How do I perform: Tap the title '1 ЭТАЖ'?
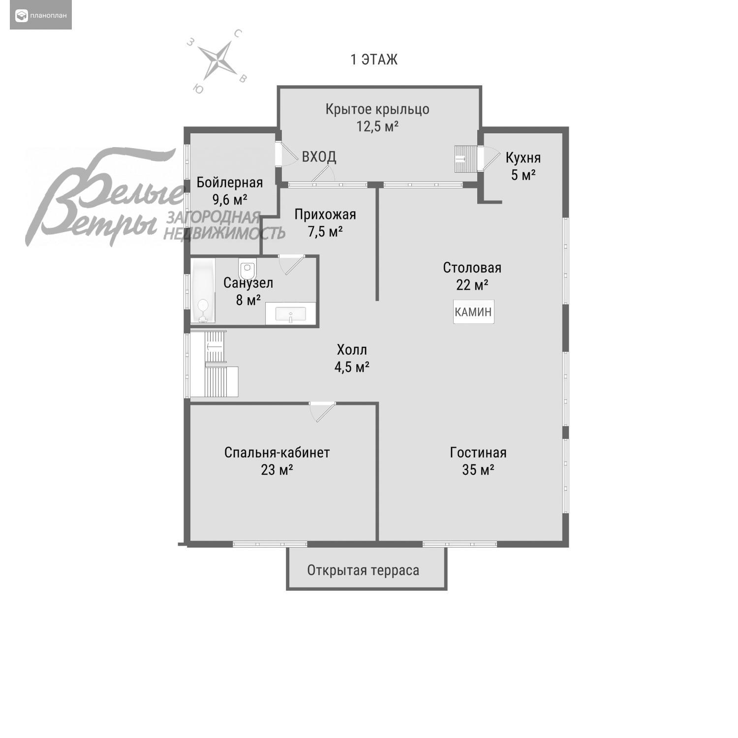tap(374, 60)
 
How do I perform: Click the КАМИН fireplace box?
tap(473, 312)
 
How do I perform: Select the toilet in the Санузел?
tap(247, 270)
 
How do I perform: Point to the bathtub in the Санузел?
tap(203, 291)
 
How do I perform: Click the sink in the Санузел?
tap(290, 314)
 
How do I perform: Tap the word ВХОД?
tap(319, 157)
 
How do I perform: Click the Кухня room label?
tap(523, 158)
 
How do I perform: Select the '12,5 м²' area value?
tap(377, 126)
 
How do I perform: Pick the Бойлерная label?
tap(230, 183)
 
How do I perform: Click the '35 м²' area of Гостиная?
tap(478, 470)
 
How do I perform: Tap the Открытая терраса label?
tap(363, 570)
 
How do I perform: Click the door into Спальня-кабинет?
tap(322, 411)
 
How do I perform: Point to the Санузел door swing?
tap(291, 264)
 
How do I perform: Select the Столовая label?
tap(472, 268)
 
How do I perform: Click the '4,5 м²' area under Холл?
tap(352, 367)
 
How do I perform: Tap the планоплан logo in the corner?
tap(41, 16)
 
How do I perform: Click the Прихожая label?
tap(325, 215)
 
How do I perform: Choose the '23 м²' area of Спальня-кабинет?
tap(277, 470)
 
